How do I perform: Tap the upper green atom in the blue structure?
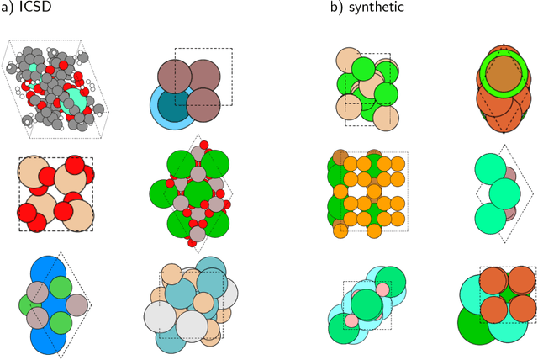60,286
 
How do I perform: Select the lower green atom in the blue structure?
60,321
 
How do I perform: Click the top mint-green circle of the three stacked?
495,164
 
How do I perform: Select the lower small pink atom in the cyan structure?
351,320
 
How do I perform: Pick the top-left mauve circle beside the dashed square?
174,72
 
